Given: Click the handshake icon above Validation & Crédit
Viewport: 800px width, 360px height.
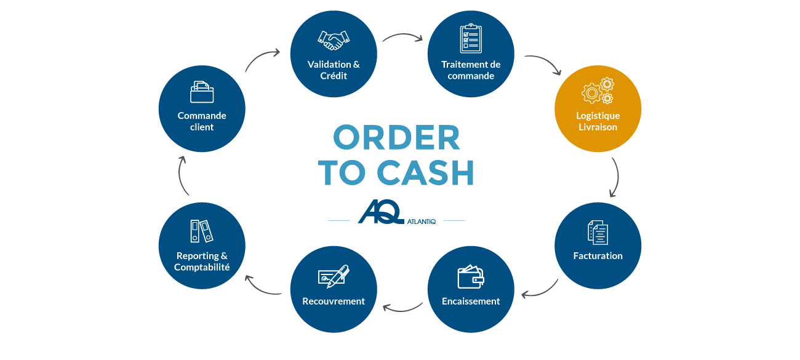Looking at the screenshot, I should (x=333, y=40).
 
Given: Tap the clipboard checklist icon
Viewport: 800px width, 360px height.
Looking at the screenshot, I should (x=471, y=39).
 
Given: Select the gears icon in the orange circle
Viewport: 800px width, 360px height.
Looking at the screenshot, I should (x=598, y=91).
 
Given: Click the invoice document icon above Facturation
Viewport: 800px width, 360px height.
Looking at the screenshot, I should (x=598, y=232).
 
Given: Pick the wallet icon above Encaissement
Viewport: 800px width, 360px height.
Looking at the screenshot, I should (x=471, y=277).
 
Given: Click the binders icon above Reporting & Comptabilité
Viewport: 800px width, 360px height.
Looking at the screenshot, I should (x=201, y=231).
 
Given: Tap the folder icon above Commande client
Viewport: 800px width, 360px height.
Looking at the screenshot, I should (x=202, y=92).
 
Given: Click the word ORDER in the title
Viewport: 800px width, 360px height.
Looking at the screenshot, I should (x=396, y=138).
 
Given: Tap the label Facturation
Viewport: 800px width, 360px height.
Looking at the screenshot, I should (x=598, y=256).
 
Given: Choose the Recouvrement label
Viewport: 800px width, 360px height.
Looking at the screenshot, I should (x=334, y=301).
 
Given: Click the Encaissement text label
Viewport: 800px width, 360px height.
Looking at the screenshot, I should (x=471, y=301).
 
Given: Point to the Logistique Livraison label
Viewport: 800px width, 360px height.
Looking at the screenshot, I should (x=598, y=121).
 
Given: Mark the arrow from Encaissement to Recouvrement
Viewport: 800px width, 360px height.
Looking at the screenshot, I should (x=402, y=306).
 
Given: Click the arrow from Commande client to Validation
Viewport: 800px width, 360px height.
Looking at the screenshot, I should (x=262, y=60).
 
